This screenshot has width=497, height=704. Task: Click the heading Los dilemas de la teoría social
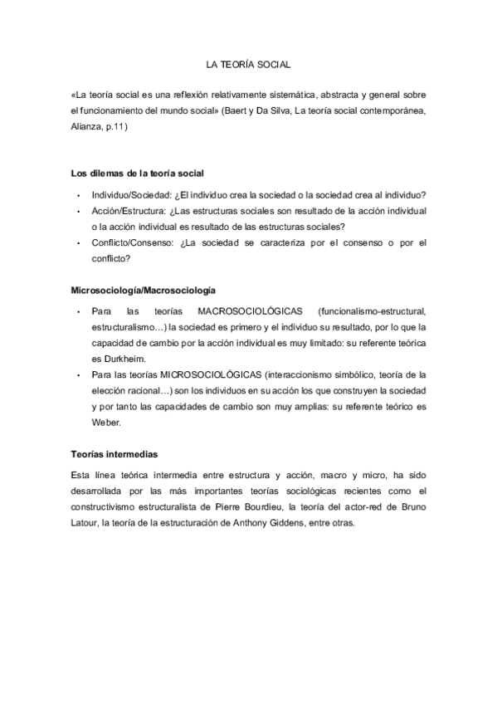point(138,174)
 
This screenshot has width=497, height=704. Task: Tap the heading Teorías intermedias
point(115,455)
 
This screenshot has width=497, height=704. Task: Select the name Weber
point(107,423)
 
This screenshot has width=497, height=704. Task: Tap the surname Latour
point(85,525)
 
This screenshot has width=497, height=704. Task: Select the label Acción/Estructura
point(129,211)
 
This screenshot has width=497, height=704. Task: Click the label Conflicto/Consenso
point(133,243)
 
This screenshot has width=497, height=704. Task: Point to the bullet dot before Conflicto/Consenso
point(77,244)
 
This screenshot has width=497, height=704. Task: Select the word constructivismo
point(105,509)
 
